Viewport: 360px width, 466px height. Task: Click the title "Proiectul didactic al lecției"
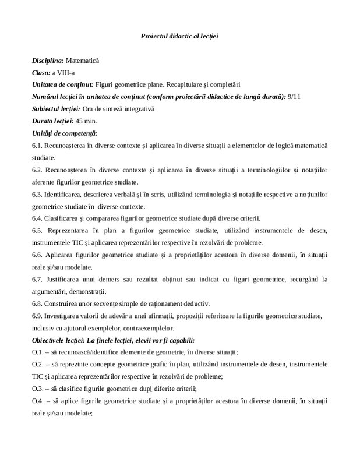tap(179, 36)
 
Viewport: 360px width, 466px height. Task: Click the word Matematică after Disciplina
tap(82, 61)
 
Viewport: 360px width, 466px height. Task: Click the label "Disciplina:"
tap(48, 61)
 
